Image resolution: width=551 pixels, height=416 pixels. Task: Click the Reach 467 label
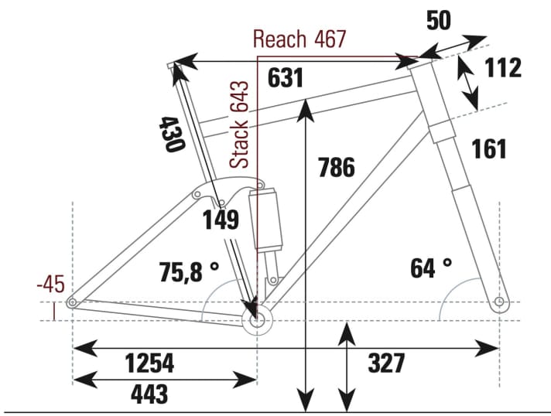pyautogui.click(x=299, y=39)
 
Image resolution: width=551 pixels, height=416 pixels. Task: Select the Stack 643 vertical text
pyautogui.click(x=241, y=124)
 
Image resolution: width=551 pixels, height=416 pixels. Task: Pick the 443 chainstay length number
pyautogui.click(x=149, y=394)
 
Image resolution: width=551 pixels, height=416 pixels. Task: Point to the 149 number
pyautogui.click(x=221, y=221)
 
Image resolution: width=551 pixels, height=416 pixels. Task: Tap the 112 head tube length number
pyautogui.click(x=502, y=68)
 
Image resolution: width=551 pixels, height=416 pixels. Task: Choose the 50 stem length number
pyautogui.click(x=439, y=21)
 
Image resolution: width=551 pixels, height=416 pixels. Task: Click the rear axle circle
pyautogui.click(x=72, y=302)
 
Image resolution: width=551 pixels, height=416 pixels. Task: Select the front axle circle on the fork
pyautogui.click(x=500, y=301)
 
